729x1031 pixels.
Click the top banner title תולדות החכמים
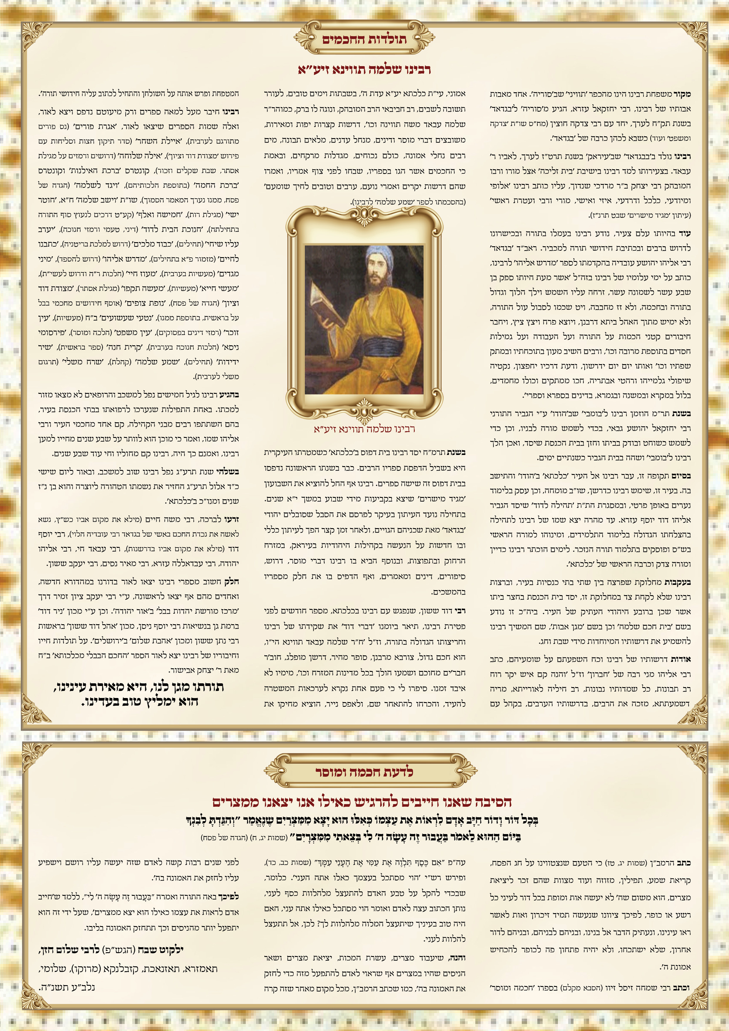(x=364, y=39)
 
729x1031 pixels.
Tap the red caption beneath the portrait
(x=364, y=429)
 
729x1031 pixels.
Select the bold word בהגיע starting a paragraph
(x=229, y=395)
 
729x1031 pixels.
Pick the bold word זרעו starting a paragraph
(x=232, y=520)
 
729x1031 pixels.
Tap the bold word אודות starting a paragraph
(x=680, y=659)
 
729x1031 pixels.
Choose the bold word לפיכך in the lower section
(x=229, y=896)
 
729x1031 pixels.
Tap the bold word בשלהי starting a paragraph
(x=229, y=471)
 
